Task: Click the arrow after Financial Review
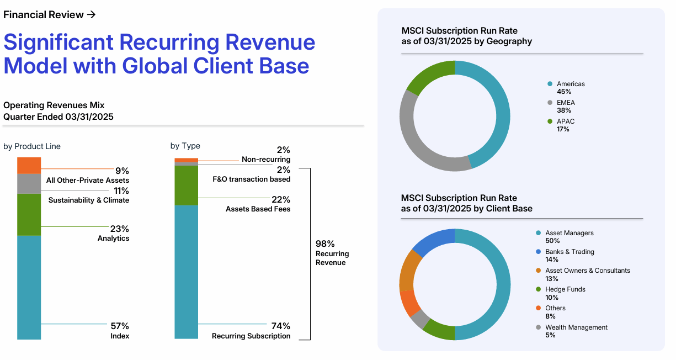point(92,15)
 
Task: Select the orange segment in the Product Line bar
point(29,166)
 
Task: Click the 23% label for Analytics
point(119,229)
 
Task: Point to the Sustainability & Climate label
point(88,200)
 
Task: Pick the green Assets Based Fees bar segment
point(186,185)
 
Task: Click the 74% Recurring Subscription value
point(280,326)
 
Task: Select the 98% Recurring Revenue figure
point(325,243)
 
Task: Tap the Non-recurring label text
point(265,160)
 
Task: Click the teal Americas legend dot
point(550,84)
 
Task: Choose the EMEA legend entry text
point(566,103)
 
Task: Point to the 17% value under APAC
point(563,129)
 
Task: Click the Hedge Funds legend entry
point(565,289)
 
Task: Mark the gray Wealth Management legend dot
point(538,327)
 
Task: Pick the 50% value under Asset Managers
point(552,241)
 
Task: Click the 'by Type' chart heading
point(185,146)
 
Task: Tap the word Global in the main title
point(155,66)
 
